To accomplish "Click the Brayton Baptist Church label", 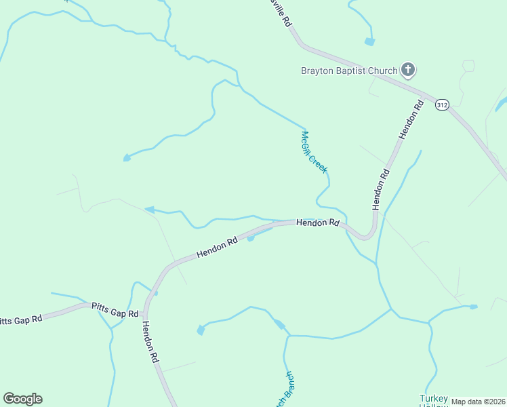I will click(350, 70).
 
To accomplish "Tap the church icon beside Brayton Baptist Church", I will click(408, 69).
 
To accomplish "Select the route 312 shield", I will click(442, 105).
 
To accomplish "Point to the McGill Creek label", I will click(314, 151).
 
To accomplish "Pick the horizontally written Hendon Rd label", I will click(317, 222).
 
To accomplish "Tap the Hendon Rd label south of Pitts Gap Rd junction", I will click(150, 342).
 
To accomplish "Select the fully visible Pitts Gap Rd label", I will click(115, 310).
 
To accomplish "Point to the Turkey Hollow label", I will click(434, 400).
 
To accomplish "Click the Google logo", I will click(22, 399).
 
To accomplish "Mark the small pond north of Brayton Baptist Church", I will click(369, 42).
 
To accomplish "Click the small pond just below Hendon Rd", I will click(251, 238).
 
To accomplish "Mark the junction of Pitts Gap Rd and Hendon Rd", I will click(145, 315).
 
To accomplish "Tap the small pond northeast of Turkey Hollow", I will click(473, 307).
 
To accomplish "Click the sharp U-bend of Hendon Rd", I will click(367, 235).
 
